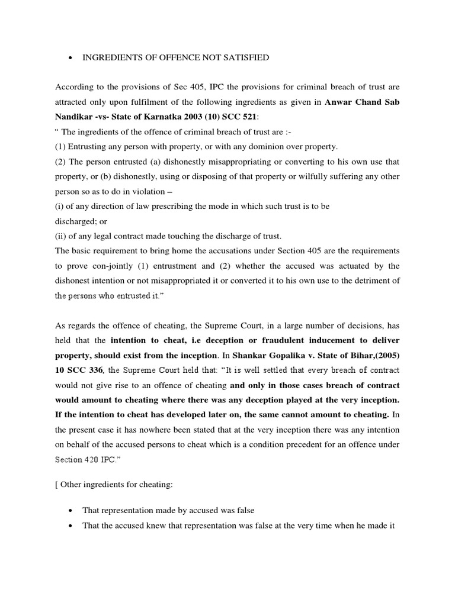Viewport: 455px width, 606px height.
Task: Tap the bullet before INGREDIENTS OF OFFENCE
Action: [x=71, y=58]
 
